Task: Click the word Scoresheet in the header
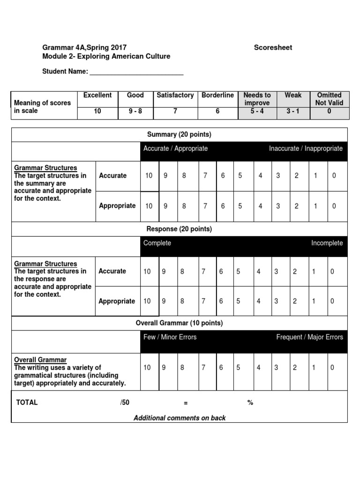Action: point(273,47)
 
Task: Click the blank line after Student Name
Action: point(136,72)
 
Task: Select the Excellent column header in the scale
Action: point(97,95)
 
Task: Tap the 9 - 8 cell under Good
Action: point(135,112)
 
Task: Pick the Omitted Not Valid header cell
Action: point(329,99)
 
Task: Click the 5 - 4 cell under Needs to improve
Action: point(256,112)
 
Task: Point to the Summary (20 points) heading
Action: point(179,135)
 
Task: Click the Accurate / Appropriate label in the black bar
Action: point(175,149)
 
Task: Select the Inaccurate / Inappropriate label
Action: point(306,149)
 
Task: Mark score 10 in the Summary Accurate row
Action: point(149,176)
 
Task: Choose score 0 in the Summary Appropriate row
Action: point(333,206)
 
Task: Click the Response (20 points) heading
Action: point(179,229)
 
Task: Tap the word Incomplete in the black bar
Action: point(327,243)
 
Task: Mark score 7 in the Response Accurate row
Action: point(203,271)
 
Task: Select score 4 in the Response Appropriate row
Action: point(258,301)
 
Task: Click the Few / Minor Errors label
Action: point(170,337)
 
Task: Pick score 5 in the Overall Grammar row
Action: point(238,367)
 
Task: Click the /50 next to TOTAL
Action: point(125,403)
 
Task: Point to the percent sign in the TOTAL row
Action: point(250,403)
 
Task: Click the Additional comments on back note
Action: point(180,418)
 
